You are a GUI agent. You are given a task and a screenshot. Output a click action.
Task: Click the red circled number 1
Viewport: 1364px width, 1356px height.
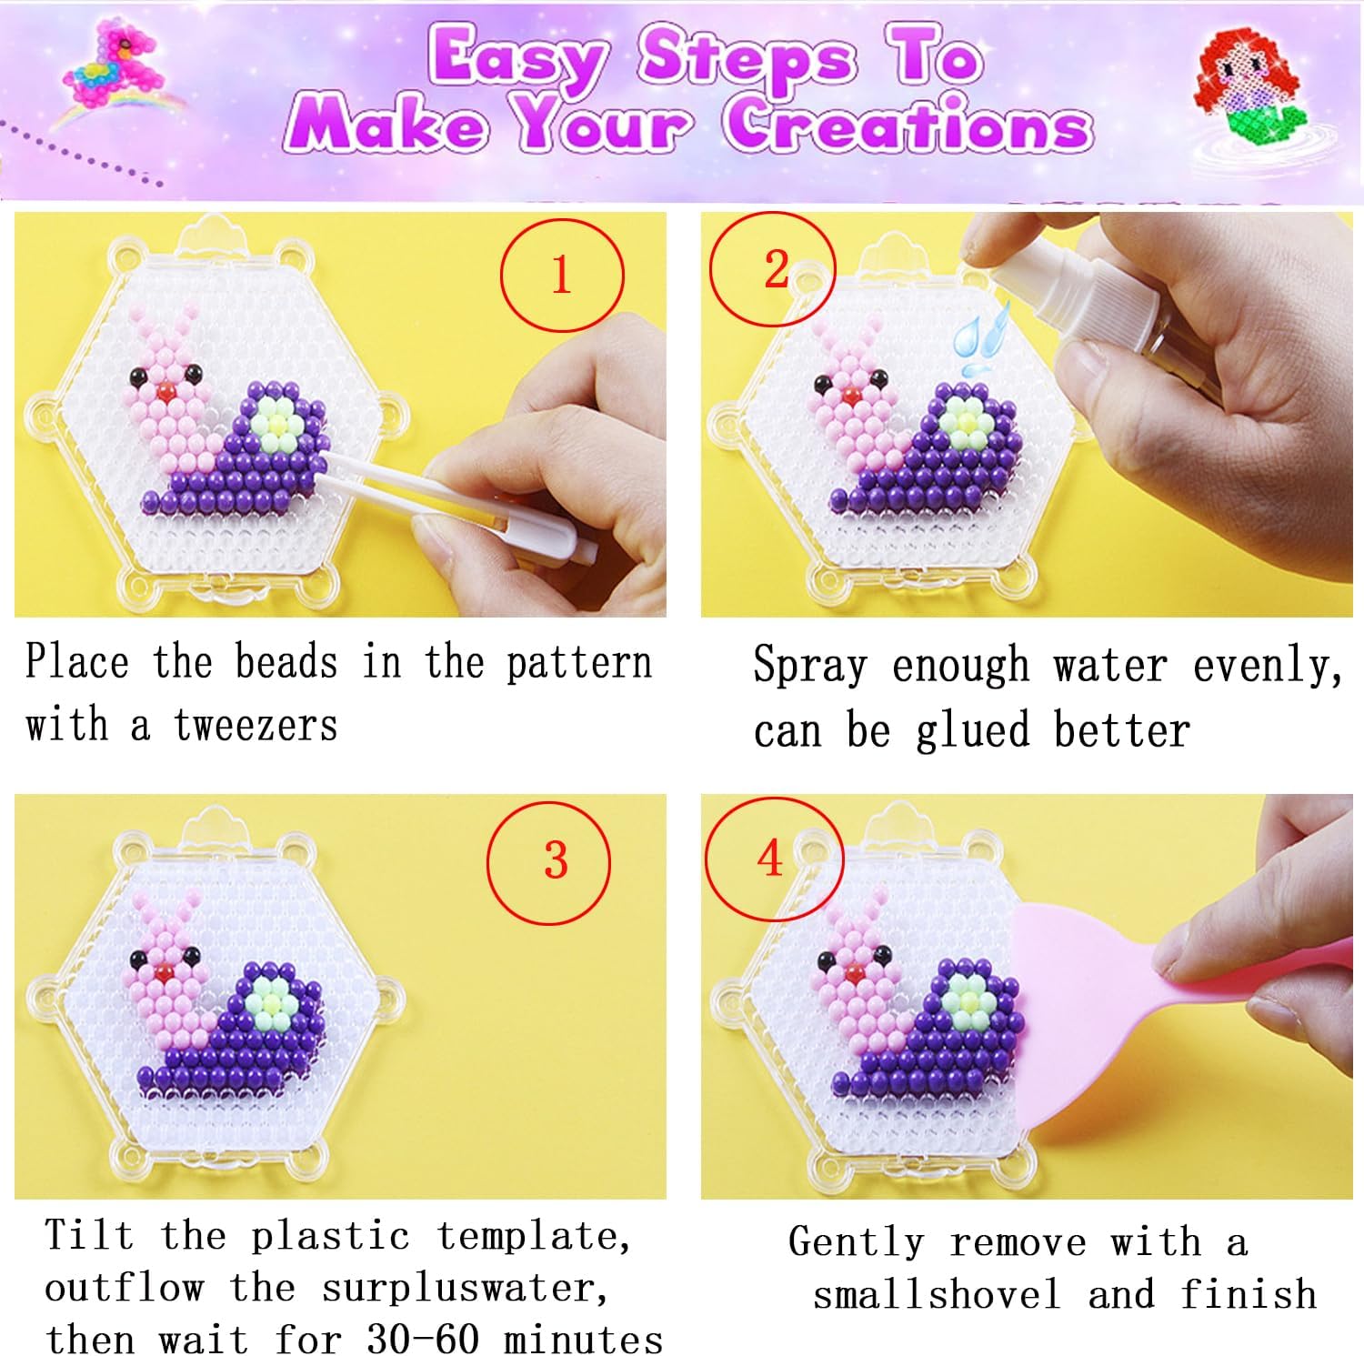tap(562, 275)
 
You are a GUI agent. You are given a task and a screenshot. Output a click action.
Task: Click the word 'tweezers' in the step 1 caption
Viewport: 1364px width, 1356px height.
tap(256, 726)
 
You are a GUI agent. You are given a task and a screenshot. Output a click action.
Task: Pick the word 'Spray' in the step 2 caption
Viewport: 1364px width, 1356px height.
tap(810, 666)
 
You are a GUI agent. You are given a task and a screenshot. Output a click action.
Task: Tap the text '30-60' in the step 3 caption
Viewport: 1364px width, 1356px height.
tap(423, 1338)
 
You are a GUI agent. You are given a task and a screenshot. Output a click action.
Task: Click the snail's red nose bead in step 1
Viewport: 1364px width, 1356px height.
tap(165, 391)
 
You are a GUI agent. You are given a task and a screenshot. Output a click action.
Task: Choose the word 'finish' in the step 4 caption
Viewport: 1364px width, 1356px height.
tap(1249, 1293)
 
